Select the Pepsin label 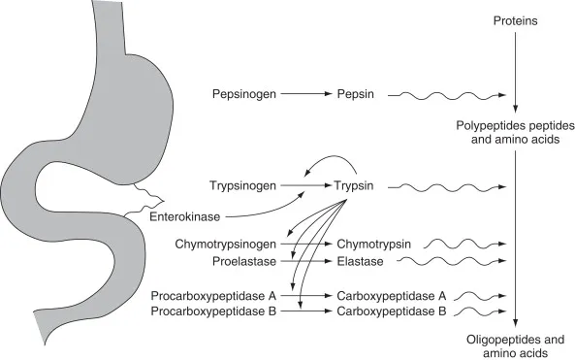(355, 95)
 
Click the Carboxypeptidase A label (391, 294)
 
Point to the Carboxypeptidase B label (391, 311)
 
